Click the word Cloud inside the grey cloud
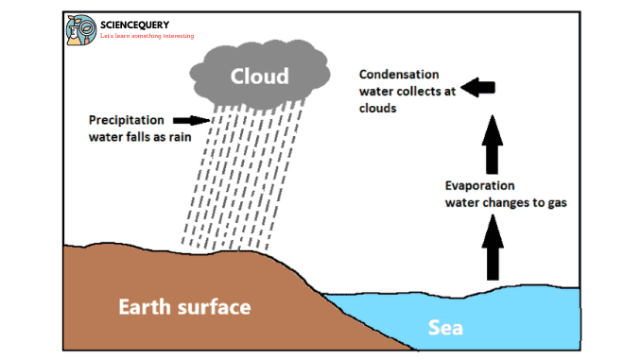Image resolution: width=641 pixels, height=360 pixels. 258,74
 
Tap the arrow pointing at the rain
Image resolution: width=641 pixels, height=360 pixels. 197,120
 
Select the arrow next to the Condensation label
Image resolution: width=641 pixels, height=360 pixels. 479,88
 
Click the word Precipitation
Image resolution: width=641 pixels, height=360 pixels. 127,120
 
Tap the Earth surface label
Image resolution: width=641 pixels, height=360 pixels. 184,306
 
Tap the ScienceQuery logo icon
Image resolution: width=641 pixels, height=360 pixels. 80,29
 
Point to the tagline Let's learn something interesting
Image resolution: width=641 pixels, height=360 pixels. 147,36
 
